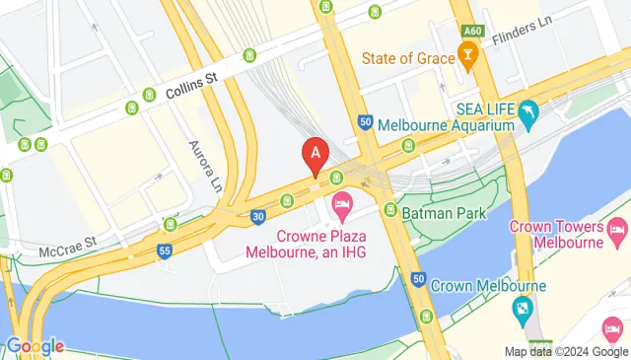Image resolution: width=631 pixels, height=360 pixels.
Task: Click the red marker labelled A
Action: [x=315, y=156]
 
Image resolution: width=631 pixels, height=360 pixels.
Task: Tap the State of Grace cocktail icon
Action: [x=471, y=58]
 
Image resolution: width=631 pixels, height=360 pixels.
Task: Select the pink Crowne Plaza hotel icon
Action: [x=342, y=209]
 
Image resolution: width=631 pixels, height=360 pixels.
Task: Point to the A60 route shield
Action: [x=471, y=32]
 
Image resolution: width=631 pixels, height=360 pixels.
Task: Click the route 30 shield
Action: [x=256, y=217]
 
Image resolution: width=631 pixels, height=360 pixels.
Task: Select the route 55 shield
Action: [x=164, y=252]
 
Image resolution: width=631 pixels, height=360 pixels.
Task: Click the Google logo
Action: [x=35, y=346]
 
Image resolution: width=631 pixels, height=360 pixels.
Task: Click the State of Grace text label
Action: [x=407, y=58]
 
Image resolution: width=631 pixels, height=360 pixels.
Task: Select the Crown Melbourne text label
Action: [x=488, y=286]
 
